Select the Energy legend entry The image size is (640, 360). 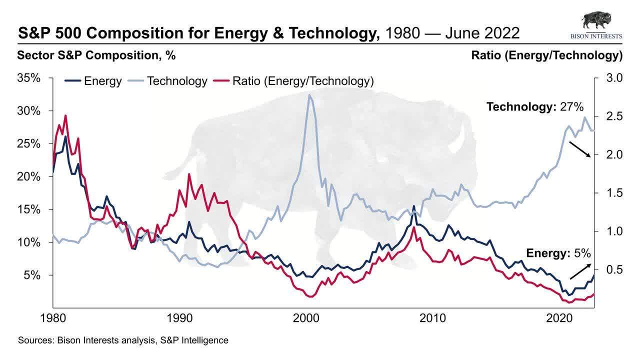tap(93, 81)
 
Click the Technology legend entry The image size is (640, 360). tap(167, 81)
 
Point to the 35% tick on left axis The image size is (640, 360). tap(28, 78)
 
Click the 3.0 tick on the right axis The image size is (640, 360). tap(614, 78)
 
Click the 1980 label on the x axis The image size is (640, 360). tap(53, 318)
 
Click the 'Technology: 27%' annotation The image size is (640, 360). tap(535, 106)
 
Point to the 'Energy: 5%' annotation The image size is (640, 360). tap(558, 253)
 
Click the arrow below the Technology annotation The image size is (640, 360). tap(580, 149)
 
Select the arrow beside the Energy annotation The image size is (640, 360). tap(580, 271)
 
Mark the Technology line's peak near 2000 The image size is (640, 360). tap(309, 95)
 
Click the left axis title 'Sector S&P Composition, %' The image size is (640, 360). tap(96, 55)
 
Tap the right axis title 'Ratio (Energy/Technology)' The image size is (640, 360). tap(546, 55)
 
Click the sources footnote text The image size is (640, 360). tap(123, 340)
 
